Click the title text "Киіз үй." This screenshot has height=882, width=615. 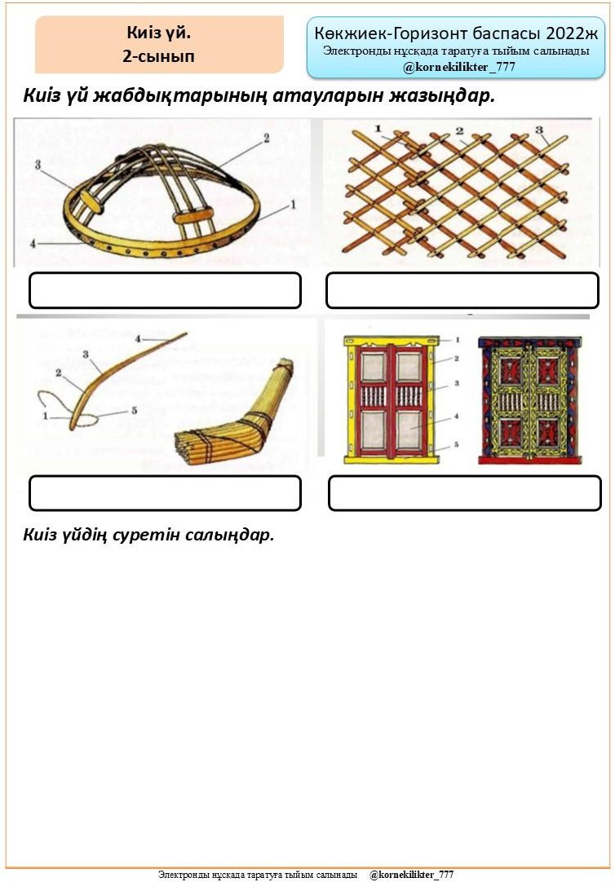click(x=159, y=33)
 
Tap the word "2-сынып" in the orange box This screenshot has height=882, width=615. click(x=159, y=56)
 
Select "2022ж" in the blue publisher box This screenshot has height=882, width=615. click(x=572, y=33)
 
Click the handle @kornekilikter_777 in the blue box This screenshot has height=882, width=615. click(x=458, y=67)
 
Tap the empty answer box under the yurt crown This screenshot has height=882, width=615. click(x=165, y=290)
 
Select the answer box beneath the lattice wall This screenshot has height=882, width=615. click(x=462, y=290)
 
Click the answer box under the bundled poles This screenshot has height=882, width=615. click(x=165, y=492)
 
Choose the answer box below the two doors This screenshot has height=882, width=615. click(x=465, y=492)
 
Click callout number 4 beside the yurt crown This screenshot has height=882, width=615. click(x=33, y=244)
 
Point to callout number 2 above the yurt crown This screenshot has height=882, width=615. click(x=267, y=138)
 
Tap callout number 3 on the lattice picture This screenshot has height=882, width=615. click(x=538, y=130)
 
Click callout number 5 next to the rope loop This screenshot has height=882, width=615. click(x=134, y=411)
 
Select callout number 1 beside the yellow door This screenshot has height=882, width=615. click(x=458, y=340)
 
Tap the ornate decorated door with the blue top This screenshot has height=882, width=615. click(x=530, y=400)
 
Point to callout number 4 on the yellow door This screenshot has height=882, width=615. click(x=456, y=417)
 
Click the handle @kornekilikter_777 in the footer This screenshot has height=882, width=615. click(x=411, y=875)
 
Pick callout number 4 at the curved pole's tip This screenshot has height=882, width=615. click(x=138, y=339)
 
